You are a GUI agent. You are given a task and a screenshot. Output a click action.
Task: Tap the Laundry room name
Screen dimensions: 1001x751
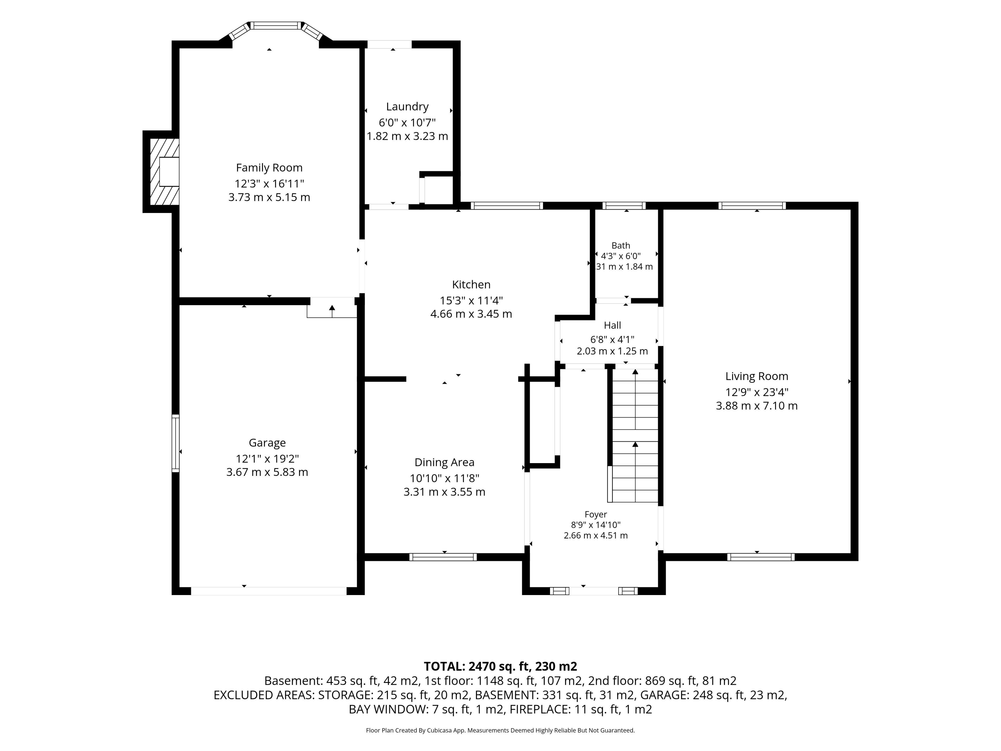coord(407,107)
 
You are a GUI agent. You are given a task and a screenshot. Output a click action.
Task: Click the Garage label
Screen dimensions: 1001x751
coord(267,443)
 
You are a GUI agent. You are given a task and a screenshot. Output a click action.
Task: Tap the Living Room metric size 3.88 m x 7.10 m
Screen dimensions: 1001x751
coord(757,405)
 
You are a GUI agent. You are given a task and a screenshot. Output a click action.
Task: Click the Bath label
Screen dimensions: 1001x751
coord(621,245)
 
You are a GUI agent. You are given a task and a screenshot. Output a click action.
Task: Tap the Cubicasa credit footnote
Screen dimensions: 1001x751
coord(500,730)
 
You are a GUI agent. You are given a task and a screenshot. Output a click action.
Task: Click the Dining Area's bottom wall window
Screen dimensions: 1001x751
coord(443,557)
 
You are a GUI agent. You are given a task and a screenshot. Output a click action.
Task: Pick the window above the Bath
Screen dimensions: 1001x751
coord(625,205)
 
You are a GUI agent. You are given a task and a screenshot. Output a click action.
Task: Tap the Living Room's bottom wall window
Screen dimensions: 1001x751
coord(761,557)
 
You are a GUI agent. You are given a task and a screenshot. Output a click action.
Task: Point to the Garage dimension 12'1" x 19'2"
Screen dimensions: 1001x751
coord(267,459)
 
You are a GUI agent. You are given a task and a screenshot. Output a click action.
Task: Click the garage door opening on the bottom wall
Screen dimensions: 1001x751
coord(269,591)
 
